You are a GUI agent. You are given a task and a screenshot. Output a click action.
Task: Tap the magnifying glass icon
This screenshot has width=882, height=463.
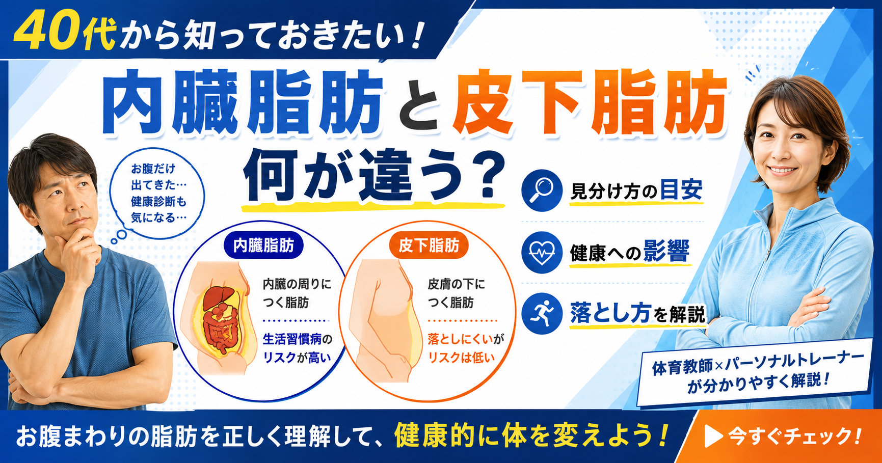click(542, 190)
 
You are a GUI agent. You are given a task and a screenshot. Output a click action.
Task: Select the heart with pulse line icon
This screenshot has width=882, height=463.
click(542, 252)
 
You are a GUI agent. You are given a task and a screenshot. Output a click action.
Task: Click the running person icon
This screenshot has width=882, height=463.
click(542, 313)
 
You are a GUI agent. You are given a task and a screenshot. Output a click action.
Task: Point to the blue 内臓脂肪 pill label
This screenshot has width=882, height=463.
click(263, 246)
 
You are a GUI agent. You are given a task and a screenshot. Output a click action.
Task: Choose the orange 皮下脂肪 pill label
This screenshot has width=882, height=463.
click(429, 246)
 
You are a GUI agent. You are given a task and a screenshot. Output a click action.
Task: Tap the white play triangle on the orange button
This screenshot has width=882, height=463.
click(713, 436)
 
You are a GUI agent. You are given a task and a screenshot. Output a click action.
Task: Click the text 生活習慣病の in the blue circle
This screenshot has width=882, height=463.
click(297, 339)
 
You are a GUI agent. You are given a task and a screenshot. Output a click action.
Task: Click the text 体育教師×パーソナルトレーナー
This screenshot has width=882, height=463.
click(758, 362)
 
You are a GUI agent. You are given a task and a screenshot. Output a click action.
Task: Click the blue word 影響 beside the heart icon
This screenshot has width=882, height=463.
click(665, 251)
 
